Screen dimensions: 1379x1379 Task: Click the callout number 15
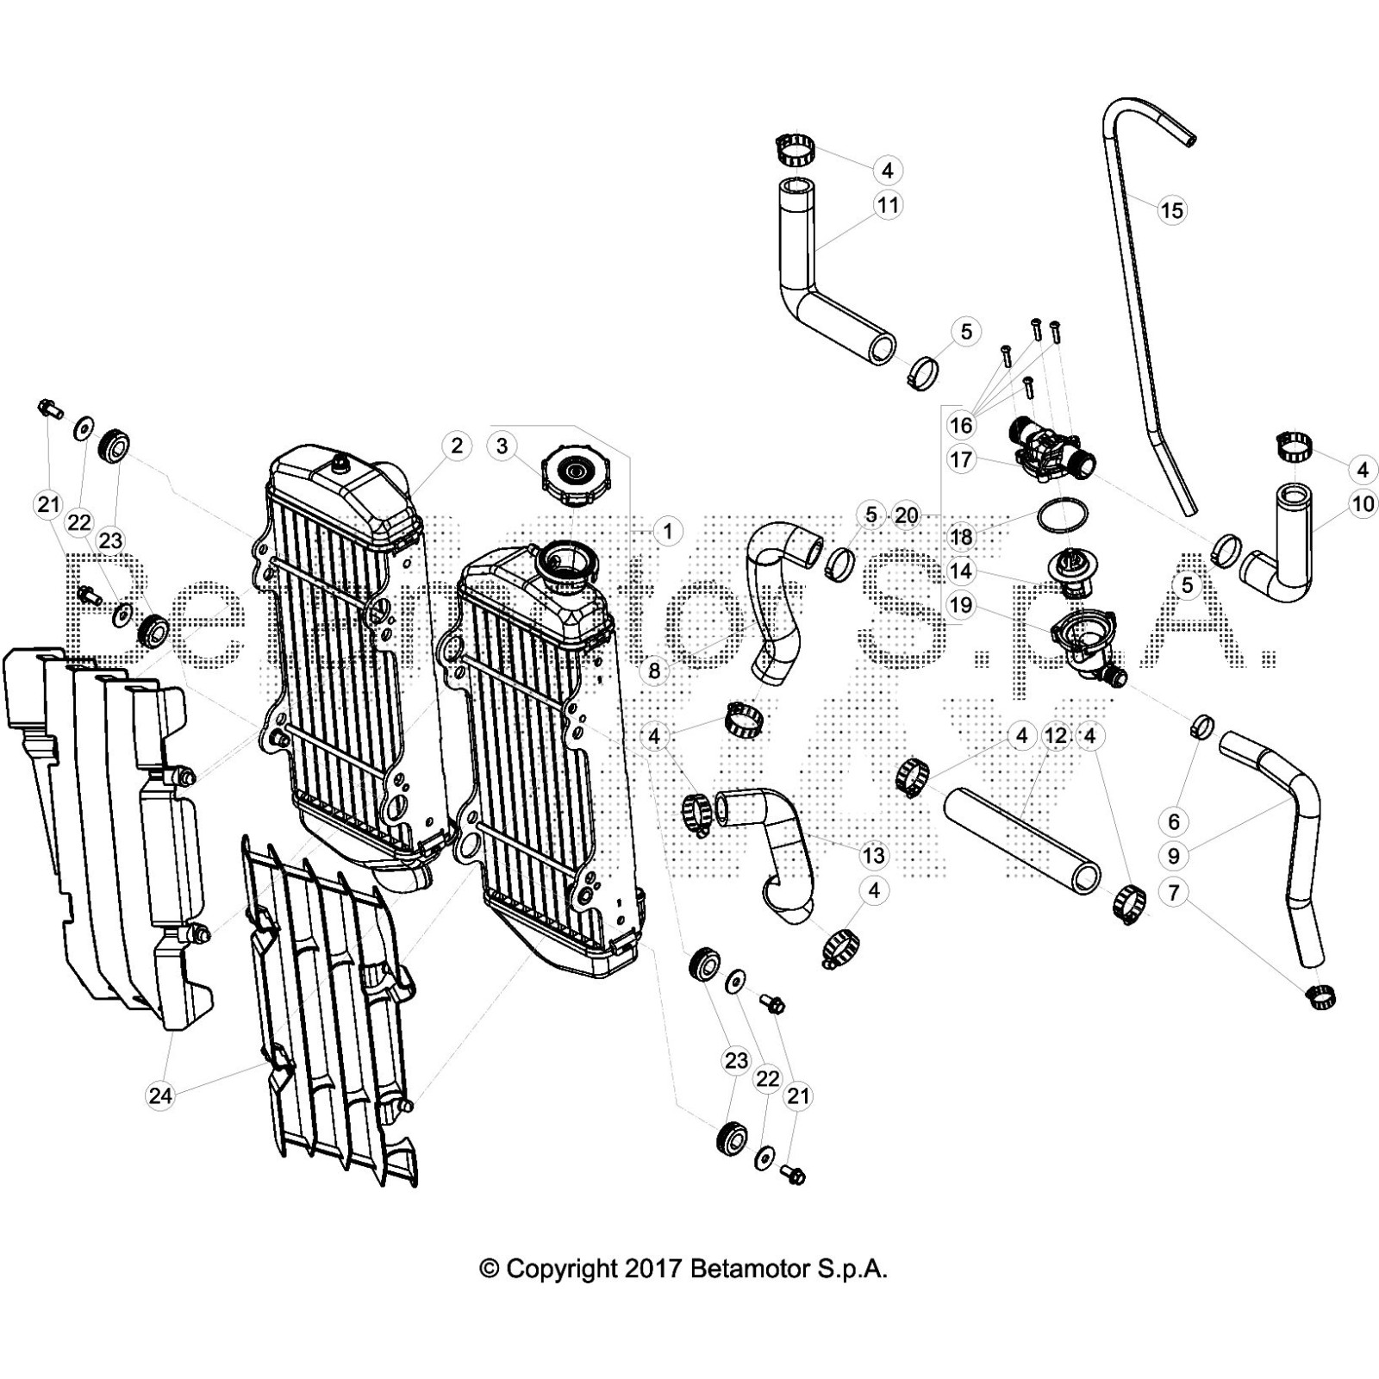tap(1171, 210)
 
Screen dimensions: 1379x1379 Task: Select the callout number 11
tap(887, 205)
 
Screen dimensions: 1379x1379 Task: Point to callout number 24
tap(160, 1095)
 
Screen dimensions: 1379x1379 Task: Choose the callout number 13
tap(873, 855)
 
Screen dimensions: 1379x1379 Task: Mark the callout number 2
tap(456, 446)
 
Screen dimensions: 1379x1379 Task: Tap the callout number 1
tap(667, 531)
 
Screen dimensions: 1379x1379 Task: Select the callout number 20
tap(907, 515)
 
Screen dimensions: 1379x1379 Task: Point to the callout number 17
tap(961, 459)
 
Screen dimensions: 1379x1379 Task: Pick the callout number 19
tap(961, 605)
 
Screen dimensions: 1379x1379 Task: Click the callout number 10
tap(1363, 503)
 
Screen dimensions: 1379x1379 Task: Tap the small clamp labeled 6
tap(1202, 727)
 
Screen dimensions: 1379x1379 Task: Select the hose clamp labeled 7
tap(1322, 998)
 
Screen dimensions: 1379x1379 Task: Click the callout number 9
tap(1174, 856)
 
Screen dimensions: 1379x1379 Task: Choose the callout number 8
tap(654, 669)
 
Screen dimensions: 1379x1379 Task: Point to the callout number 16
tap(961, 425)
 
